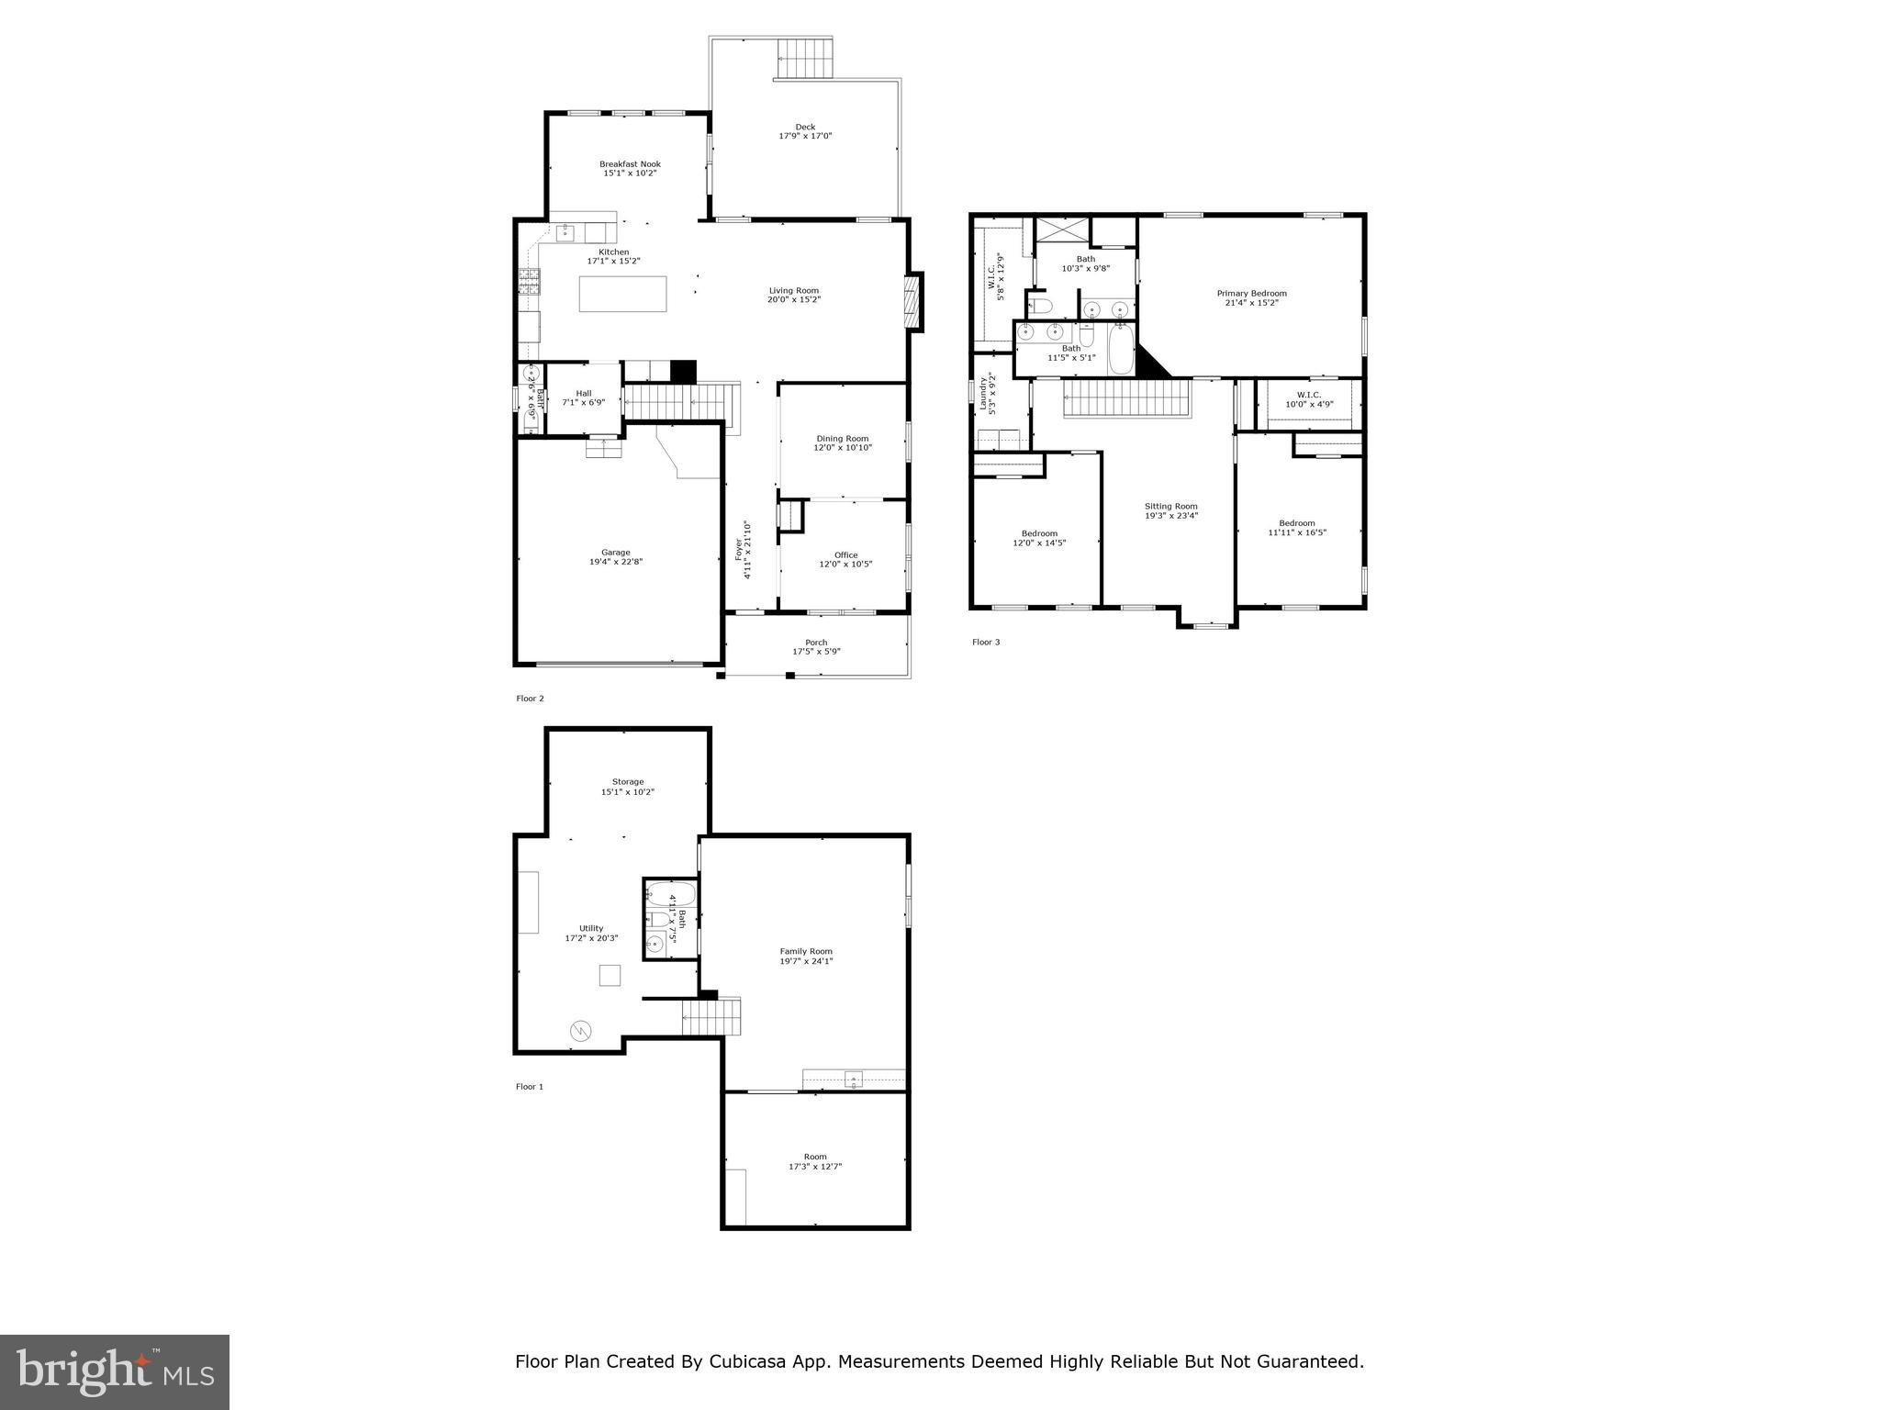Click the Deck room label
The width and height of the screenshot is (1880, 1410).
point(805,128)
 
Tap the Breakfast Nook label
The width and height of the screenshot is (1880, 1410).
point(630,164)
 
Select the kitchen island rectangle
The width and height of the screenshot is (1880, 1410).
point(622,294)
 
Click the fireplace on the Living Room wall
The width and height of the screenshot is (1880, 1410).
point(912,302)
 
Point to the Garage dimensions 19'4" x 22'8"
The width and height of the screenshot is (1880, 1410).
point(616,562)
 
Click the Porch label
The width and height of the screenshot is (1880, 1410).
point(816,643)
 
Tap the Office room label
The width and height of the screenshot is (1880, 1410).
point(845,554)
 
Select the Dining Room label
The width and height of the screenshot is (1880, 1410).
point(842,439)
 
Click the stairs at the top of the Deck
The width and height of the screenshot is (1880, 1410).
point(806,60)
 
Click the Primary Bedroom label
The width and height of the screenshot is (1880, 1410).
point(1251,294)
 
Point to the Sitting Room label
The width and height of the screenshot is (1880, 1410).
point(1170,506)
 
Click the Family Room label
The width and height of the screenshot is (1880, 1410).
point(806,951)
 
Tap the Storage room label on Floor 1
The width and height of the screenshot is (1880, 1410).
point(628,782)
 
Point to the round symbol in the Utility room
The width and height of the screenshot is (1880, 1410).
point(580,1032)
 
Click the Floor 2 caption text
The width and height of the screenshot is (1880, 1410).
point(530,699)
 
